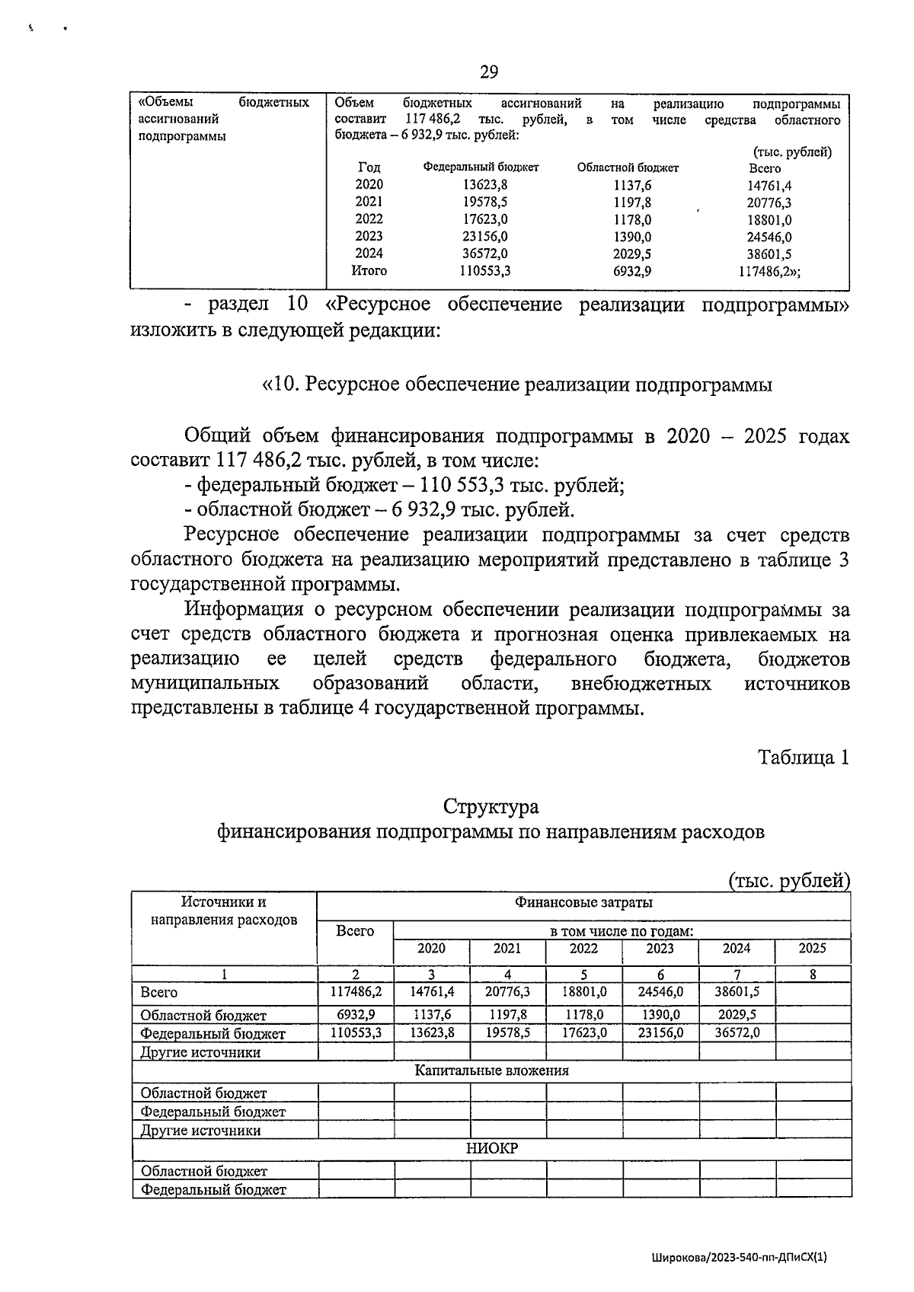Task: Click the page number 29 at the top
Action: [x=489, y=72]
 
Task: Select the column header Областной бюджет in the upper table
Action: [x=628, y=167]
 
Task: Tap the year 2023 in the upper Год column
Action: [x=369, y=236]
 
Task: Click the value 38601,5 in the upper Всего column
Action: [x=769, y=254]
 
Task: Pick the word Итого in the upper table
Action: [x=369, y=270]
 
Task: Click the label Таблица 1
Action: [x=803, y=758]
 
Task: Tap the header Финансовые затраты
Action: [x=583, y=903]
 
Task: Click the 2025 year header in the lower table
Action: [x=812, y=949]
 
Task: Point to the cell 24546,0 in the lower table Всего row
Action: [x=660, y=992]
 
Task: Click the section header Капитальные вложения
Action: [x=491, y=1070]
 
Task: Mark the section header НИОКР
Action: [x=491, y=1148]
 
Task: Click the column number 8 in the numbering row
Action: [x=813, y=974]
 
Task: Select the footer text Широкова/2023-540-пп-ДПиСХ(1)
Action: [x=739, y=1259]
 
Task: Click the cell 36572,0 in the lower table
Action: [x=736, y=1032]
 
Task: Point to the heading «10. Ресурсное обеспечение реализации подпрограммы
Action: [x=516, y=385]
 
